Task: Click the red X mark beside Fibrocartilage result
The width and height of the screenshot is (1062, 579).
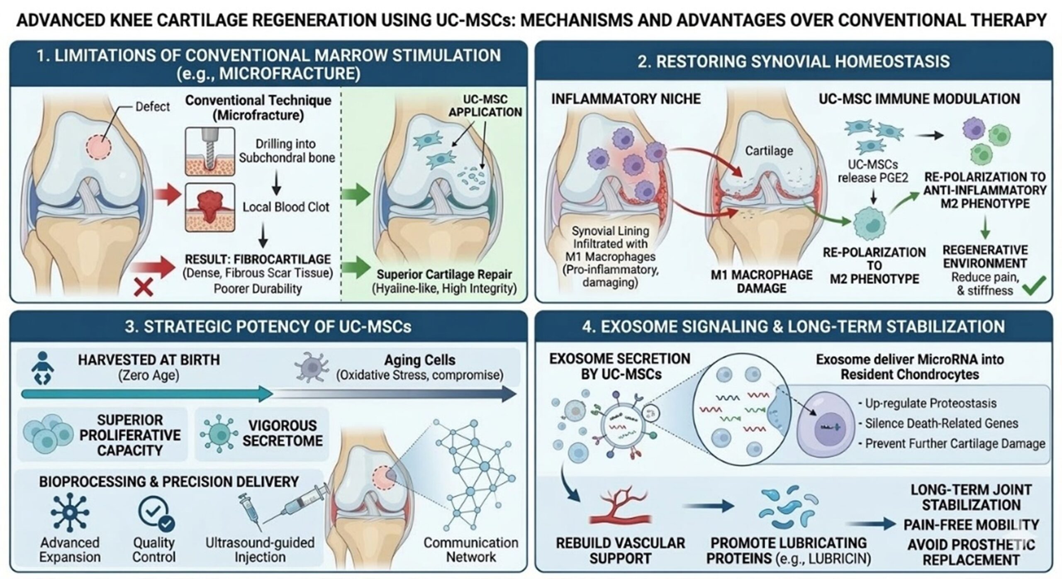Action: tap(144, 287)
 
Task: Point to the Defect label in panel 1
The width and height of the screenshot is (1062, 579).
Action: tap(152, 107)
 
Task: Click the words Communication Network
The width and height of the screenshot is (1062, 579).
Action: tap(471, 550)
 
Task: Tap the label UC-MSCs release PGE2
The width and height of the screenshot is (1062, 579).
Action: tap(873, 171)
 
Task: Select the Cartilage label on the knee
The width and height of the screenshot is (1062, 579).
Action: tap(769, 151)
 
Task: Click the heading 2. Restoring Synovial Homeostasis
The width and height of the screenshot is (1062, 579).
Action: tap(793, 61)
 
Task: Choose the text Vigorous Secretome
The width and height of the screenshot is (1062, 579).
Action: tap(282, 433)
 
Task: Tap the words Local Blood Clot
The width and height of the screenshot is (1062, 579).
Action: tap(286, 207)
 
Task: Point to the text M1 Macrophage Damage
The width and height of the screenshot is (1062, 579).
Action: tap(761, 282)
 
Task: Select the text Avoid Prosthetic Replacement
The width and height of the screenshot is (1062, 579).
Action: tap(971, 552)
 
